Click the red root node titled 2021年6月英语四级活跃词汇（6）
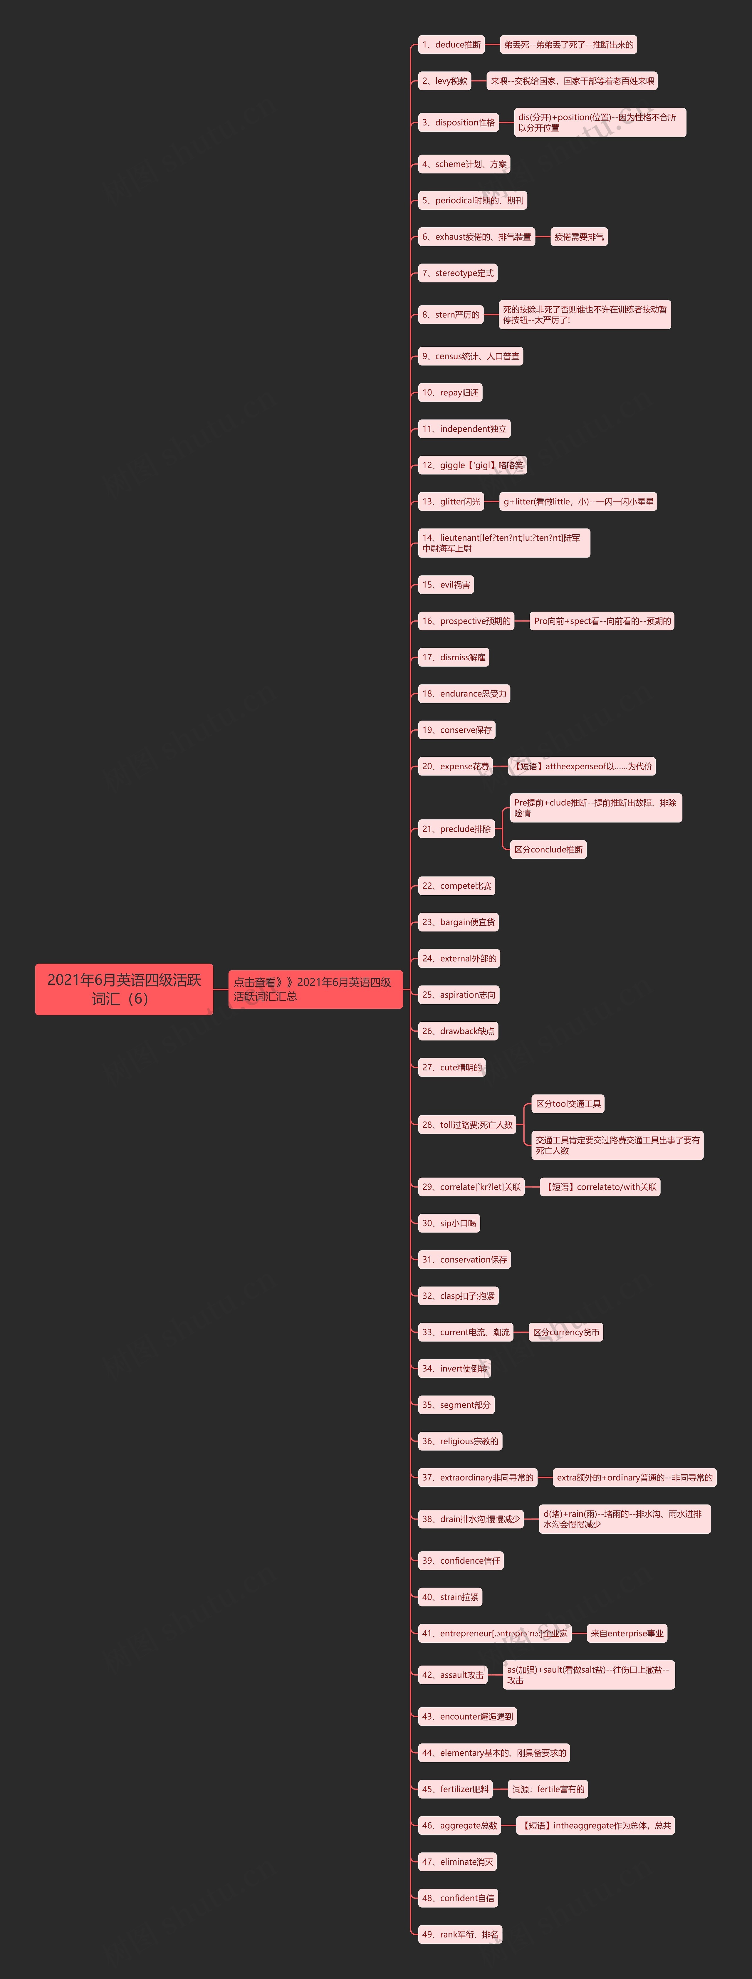tap(124, 989)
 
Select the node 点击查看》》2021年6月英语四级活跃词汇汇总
tap(315, 989)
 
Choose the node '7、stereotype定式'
tap(458, 273)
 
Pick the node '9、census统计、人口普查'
tap(470, 356)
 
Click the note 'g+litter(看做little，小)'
tap(578, 502)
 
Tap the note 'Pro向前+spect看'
tap(602, 621)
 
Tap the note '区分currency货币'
tap(566, 1332)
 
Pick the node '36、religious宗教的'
tap(460, 1441)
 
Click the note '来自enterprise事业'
tap(627, 1633)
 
